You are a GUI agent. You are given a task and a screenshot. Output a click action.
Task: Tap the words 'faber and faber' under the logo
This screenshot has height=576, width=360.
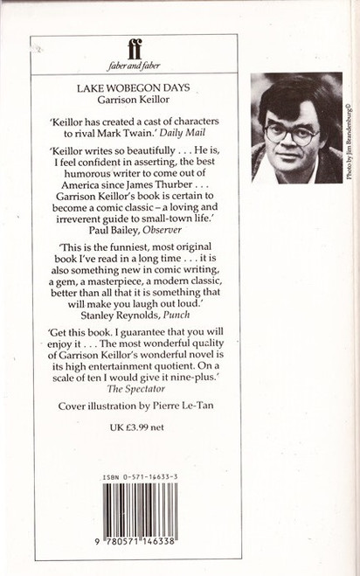pyautogui.click(x=136, y=66)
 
